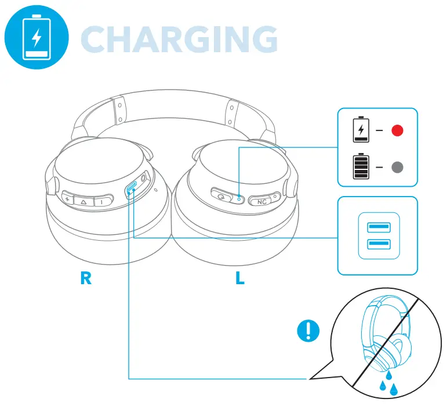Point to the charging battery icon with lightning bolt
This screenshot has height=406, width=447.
coord(361,130)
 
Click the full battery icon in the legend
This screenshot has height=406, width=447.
coord(361,167)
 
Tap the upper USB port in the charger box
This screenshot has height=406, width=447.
coord(379,227)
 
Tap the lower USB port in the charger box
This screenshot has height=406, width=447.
coord(379,245)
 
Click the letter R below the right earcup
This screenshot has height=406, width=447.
coord(86,278)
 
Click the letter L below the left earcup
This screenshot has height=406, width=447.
coord(239,278)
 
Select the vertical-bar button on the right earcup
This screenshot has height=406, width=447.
coord(101,201)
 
